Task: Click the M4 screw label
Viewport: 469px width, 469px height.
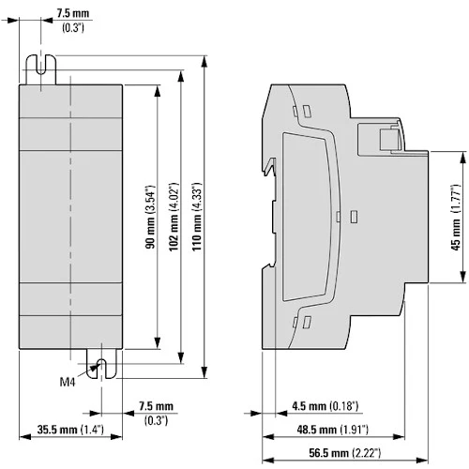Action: (x=68, y=382)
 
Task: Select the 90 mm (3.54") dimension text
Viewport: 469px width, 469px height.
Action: (x=150, y=217)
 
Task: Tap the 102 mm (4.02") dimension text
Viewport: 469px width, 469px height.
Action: (x=174, y=217)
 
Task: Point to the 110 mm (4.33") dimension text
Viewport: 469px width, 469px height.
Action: (x=197, y=217)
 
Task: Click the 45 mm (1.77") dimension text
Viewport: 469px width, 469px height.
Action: (x=456, y=218)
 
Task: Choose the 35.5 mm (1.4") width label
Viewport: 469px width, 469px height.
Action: (x=70, y=430)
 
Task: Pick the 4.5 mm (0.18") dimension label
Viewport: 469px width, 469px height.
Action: (x=325, y=406)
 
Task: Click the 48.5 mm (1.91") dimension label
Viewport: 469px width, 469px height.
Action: (x=333, y=430)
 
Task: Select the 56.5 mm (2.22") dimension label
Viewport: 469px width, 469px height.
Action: (x=345, y=452)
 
